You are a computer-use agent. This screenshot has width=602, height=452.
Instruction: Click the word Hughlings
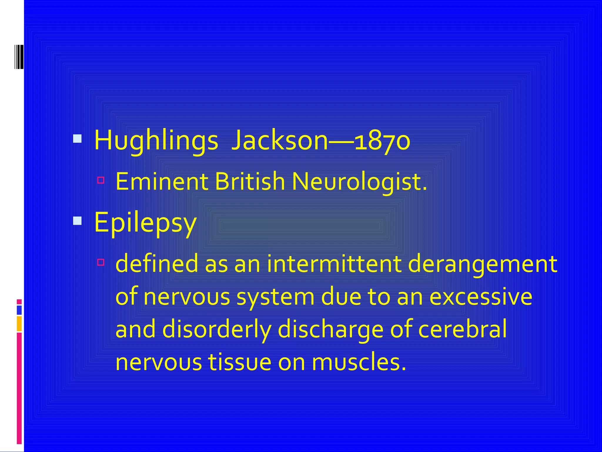point(156,141)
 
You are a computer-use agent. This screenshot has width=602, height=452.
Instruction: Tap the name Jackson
point(279,141)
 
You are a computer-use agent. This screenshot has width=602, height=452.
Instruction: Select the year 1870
point(382,141)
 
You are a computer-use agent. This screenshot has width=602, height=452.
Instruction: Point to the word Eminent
point(162,182)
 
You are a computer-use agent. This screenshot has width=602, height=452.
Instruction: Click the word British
point(250,182)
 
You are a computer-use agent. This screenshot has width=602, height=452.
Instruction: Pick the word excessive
point(481,297)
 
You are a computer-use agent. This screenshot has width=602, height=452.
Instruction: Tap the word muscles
point(359,362)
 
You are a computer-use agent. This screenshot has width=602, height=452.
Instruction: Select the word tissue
point(240,362)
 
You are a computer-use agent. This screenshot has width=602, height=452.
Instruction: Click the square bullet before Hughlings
point(77,139)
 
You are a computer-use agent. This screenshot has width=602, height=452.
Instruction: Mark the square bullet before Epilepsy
point(77,220)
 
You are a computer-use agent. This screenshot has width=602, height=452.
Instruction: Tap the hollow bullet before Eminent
point(101,180)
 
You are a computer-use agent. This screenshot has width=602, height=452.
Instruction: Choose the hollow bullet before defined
point(101,262)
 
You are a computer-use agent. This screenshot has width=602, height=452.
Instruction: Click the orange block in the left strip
point(19,323)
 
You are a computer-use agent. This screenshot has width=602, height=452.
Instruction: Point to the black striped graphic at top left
point(19,57)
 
